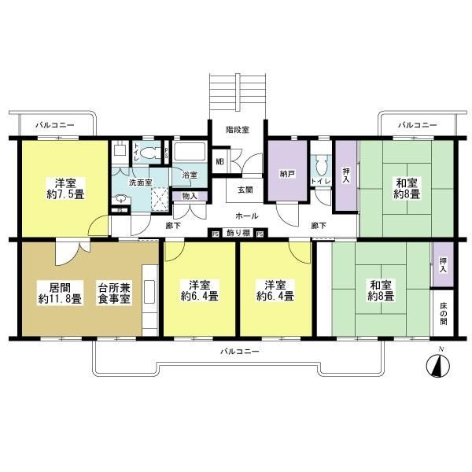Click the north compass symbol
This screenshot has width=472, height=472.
[438, 366]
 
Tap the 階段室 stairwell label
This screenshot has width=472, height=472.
[238, 130]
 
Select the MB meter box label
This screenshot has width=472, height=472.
[219, 161]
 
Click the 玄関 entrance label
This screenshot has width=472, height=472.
[245, 190]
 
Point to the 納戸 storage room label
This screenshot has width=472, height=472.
[287, 174]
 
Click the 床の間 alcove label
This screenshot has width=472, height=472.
[444, 314]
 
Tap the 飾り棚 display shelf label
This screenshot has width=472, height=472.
[238, 233]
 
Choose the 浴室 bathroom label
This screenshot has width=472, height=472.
[190, 175]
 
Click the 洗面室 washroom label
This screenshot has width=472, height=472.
[140, 183]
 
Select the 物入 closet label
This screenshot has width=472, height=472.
[190, 196]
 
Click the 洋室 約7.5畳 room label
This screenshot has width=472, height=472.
[65, 189]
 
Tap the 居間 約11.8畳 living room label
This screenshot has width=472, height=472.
[60, 293]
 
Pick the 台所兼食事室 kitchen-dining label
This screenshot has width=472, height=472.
[114, 293]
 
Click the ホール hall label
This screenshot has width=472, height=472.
[246, 216]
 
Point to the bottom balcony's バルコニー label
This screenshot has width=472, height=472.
[240, 352]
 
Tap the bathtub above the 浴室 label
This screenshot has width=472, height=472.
[190, 151]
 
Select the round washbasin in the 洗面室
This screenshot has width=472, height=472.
[121, 199]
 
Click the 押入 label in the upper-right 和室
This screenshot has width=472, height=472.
[346, 175]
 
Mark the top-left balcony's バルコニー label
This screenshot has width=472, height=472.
[55, 124]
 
